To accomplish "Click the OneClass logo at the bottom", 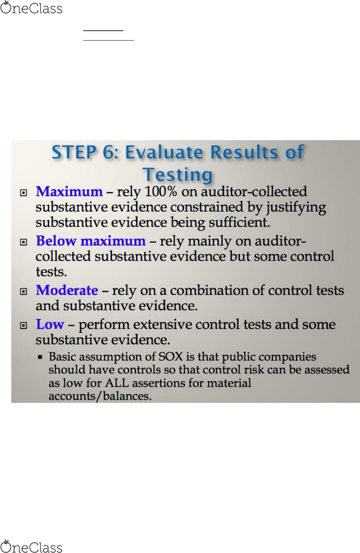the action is tap(31, 546).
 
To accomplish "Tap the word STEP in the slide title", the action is tap(74, 152).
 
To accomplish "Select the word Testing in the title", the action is tap(178, 174).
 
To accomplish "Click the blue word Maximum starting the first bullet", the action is tap(69, 191).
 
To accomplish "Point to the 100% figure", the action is tap(161, 191).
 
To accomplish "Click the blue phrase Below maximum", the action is tap(91, 241).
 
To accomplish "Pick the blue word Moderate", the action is tap(67, 290).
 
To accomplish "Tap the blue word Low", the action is tap(50, 324).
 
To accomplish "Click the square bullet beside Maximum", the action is tap(23, 193).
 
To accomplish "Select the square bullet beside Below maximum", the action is tap(23, 242).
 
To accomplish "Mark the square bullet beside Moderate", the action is tap(23, 291).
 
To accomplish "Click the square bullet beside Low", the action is tap(23, 326).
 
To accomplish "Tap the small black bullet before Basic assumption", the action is tap(40, 357).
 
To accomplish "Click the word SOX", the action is tap(170, 357).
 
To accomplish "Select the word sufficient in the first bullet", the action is tap(239, 223).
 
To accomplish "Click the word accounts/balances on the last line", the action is tap(100, 396).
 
